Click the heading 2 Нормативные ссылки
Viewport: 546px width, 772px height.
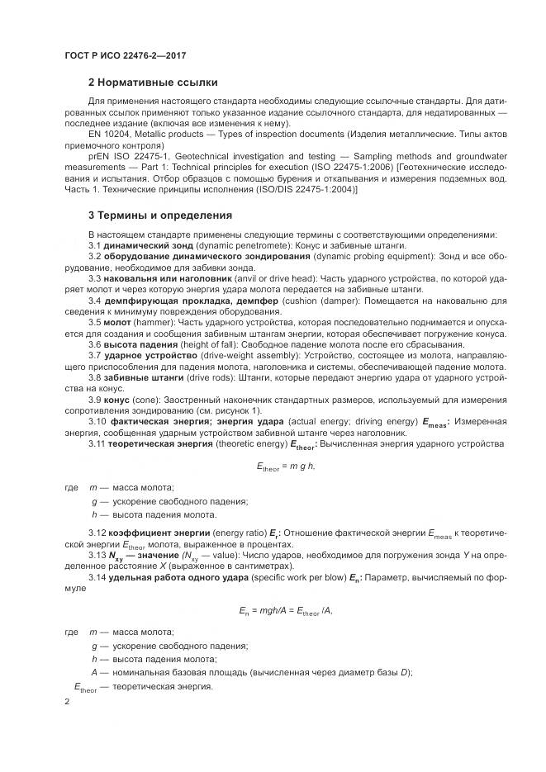[153, 83]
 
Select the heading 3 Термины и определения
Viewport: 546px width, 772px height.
[160, 215]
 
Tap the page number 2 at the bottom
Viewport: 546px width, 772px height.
[68, 702]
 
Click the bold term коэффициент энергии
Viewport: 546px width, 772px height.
[157, 533]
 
